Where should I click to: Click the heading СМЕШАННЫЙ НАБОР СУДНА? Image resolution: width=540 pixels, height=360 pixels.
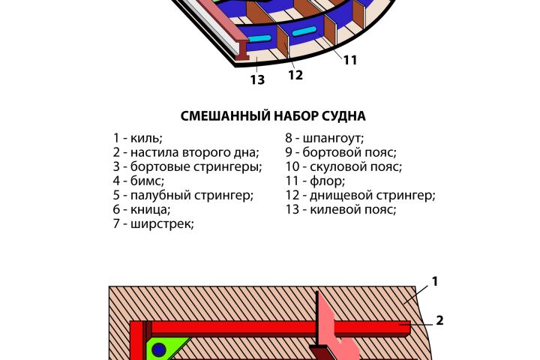click(x=273, y=115)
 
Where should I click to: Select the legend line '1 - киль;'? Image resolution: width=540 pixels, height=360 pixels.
click(x=138, y=138)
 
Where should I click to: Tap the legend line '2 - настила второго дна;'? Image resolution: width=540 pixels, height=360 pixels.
click(x=186, y=152)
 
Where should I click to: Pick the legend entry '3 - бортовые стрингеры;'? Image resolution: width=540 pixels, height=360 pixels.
click(x=187, y=166)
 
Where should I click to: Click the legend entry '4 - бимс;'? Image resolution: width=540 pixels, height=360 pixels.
click(x=139, y=181)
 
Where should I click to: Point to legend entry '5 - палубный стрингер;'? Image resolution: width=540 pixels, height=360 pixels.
click(x=183, y=195)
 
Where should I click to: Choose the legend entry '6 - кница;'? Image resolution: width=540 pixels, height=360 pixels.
click(x=142, y=209)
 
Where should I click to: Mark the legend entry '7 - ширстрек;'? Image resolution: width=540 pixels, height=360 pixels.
click(x=154, y=224)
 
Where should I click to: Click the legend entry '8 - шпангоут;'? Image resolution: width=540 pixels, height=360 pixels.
click(x=325, y=138)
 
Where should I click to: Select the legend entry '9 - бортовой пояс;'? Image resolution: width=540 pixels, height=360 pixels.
click(x=341, y=152)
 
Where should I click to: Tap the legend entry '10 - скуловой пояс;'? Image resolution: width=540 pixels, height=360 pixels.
click(x=343, y=166)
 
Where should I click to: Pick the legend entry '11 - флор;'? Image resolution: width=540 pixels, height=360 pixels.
click(x=315, y=181)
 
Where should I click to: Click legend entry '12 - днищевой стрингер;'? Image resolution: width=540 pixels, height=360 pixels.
click(x=360, y=195)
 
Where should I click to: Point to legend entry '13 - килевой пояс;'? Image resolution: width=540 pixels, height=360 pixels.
click(x=340, y=209)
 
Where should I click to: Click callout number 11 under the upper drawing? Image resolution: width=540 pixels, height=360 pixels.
click(x=350, y=60)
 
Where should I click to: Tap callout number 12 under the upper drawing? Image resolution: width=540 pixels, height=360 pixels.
click(x=295, y=75)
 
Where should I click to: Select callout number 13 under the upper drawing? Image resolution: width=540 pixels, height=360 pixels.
click(x=257, y=80)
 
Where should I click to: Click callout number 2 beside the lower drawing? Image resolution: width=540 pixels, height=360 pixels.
click(x=439, y=321)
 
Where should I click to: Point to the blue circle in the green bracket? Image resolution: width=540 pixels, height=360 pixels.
click(x=159, y=350)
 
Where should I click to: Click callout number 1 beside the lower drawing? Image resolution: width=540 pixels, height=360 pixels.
click(x=435, y=281)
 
